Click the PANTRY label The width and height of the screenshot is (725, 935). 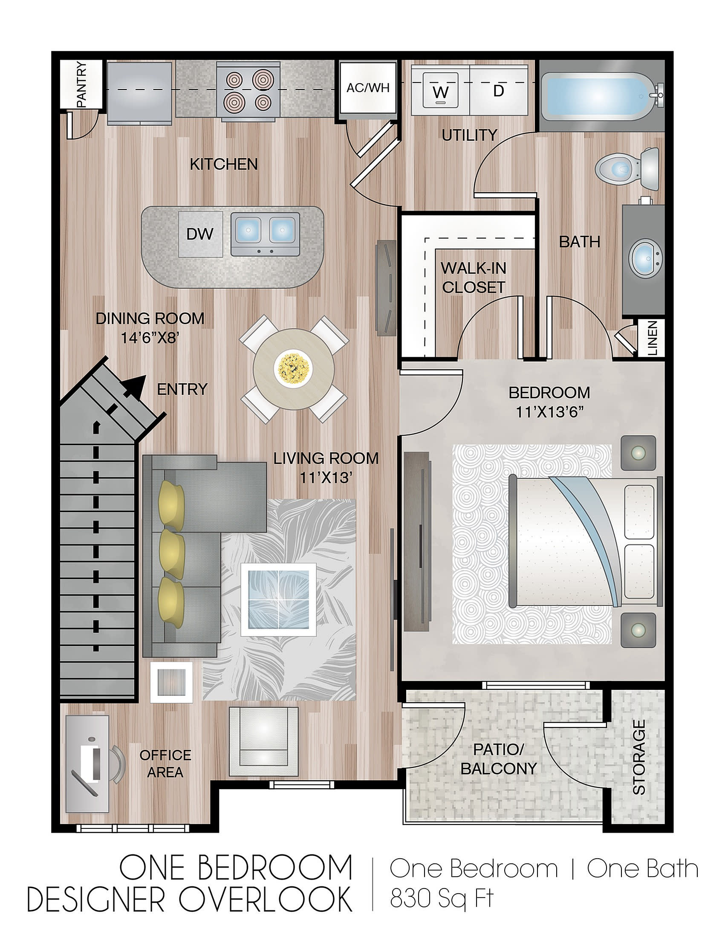coord(81,84)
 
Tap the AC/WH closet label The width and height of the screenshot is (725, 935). coord(368,88)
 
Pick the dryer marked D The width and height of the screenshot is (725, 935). coord(499,90)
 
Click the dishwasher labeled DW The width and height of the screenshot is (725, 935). coord(200,234)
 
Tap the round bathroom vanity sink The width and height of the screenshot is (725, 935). coord(646,259)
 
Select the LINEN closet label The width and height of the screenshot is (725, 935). coord(652,338)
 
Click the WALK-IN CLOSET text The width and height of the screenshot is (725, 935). coord(474,278)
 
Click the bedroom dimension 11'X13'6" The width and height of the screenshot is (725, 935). coord(550,412)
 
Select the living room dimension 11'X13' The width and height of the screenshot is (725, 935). coord(326,478)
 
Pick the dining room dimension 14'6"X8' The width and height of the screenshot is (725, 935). coord(149,338)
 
